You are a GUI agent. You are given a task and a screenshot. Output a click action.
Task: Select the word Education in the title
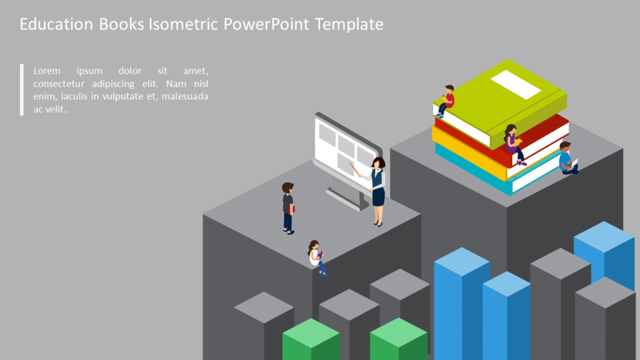[57, 24]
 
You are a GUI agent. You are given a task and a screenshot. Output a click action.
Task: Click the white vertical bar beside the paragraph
[21, 89]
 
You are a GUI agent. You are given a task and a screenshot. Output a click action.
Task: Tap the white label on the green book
[516, 84]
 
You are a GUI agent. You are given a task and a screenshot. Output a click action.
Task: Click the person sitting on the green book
[446, 100]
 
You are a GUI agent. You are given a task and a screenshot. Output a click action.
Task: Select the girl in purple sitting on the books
[513, 144]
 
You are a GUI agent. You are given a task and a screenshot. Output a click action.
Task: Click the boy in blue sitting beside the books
[566, 158]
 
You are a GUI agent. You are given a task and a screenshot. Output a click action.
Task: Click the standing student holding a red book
[287, 207]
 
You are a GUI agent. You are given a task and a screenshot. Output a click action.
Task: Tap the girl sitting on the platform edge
[316, 256]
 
